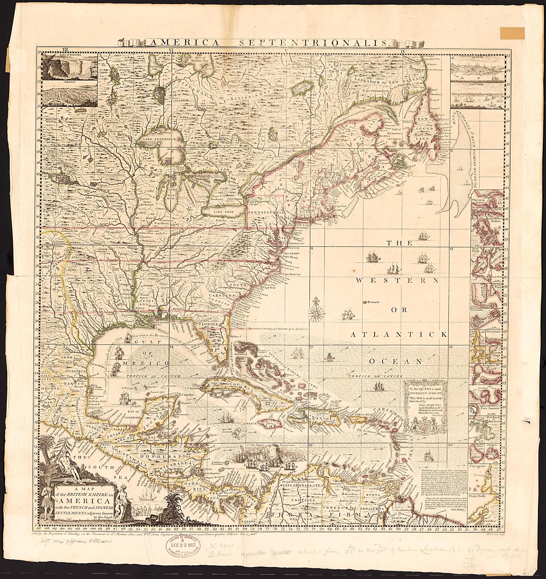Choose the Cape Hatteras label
[x=291, y=274]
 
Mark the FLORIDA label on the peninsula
[x=208, y=324]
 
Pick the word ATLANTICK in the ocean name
[x=399, y=335]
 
